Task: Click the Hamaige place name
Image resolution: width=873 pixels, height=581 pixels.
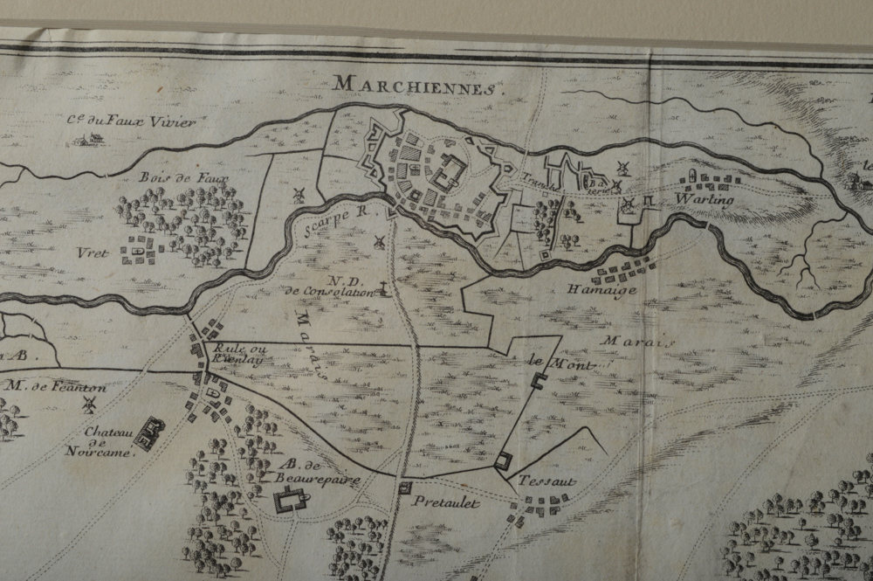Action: (601, 290)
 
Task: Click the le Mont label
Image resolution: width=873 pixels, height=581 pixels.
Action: (548, 361)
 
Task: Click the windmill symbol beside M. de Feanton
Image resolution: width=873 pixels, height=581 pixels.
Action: (86, 404)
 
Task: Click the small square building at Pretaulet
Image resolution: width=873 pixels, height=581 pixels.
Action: (404, 488)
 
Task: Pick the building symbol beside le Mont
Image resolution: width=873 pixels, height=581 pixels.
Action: (539, 380)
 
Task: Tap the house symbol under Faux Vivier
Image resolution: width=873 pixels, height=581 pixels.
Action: (85, 138)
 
